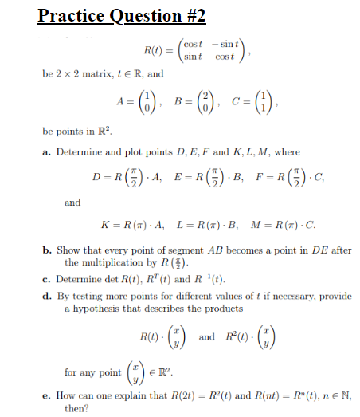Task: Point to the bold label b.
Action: click(x=46, y=250)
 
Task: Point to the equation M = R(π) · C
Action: click(x=272, y=227)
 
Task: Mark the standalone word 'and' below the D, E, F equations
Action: click(x=72, y=203)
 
